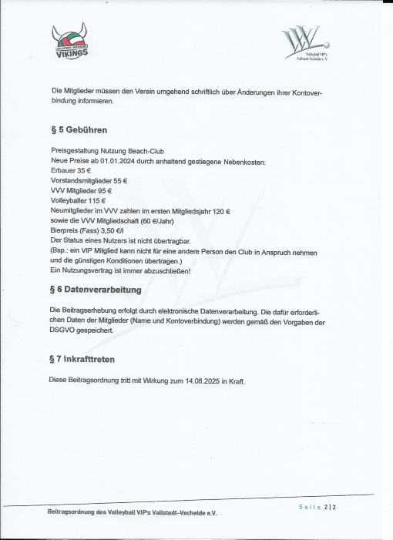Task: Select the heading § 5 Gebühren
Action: tap(74, 130)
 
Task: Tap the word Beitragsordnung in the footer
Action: tap(68, 511)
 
